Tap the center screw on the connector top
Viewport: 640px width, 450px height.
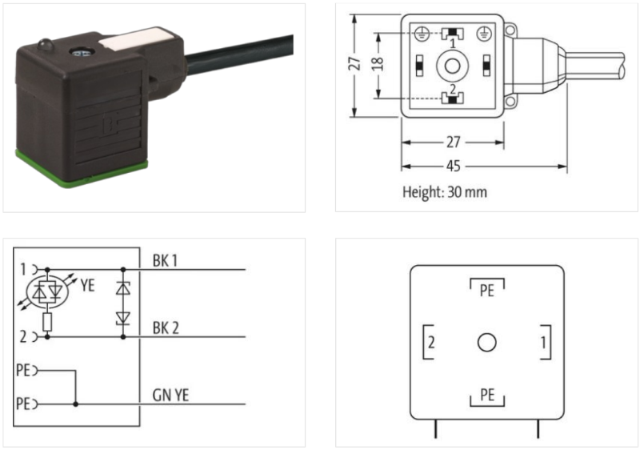tap(77, 51)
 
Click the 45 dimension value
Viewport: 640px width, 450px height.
tap(453, 167)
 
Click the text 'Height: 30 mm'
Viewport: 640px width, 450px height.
tap(445, 191)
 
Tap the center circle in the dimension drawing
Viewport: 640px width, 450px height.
tap(452, 66)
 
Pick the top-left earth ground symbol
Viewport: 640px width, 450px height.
tap(422, 34)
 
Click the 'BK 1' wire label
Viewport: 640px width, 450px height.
tap(165, 260)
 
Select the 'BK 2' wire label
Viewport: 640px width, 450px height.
tap(166, 327)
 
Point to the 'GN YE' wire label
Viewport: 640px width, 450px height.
tap(170, 395)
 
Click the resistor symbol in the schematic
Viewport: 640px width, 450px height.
tap(48, 322)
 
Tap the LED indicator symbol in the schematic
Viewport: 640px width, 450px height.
tap(47, 291)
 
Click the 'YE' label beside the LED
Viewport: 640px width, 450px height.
tap(87, 285)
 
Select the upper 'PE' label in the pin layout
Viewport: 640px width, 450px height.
tap(487, 291)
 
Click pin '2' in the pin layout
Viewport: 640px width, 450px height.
tap(431, 342)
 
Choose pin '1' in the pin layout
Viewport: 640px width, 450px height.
tap(543, 342)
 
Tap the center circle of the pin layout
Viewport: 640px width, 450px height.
tap(487, 342)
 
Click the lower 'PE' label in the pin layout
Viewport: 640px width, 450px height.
tap(487, 395)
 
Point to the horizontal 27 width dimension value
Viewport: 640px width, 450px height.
tap(453, 142)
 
